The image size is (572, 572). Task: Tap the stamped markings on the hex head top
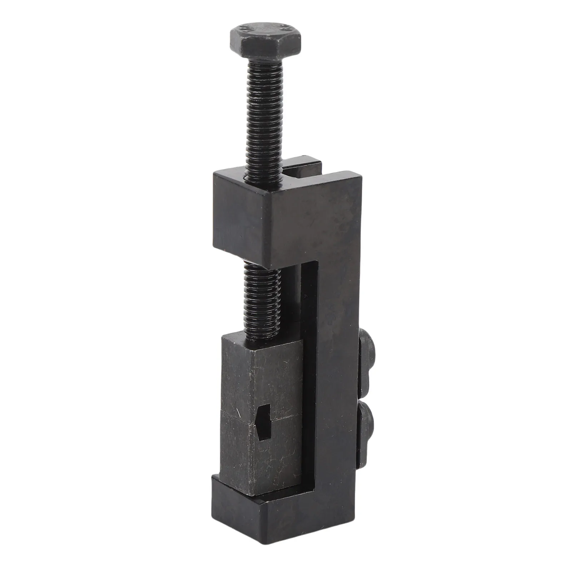pyautogui.click(x=265, y=30)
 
